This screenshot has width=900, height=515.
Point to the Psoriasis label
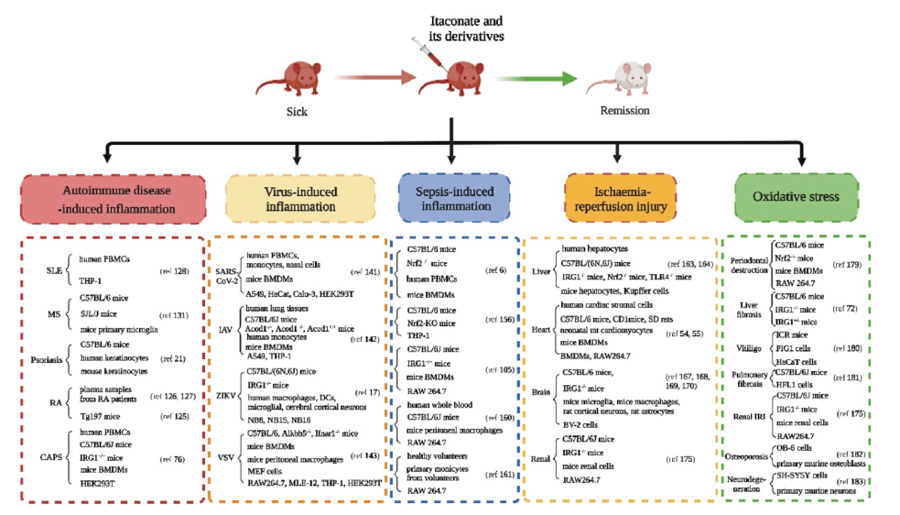pos(47,359)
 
